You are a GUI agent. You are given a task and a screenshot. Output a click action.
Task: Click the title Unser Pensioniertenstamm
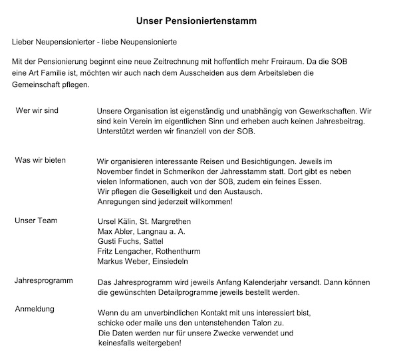point(201,21)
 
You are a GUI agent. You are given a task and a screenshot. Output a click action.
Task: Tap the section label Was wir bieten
point(41,161)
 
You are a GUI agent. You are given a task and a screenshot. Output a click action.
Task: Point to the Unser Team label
point(37,220)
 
